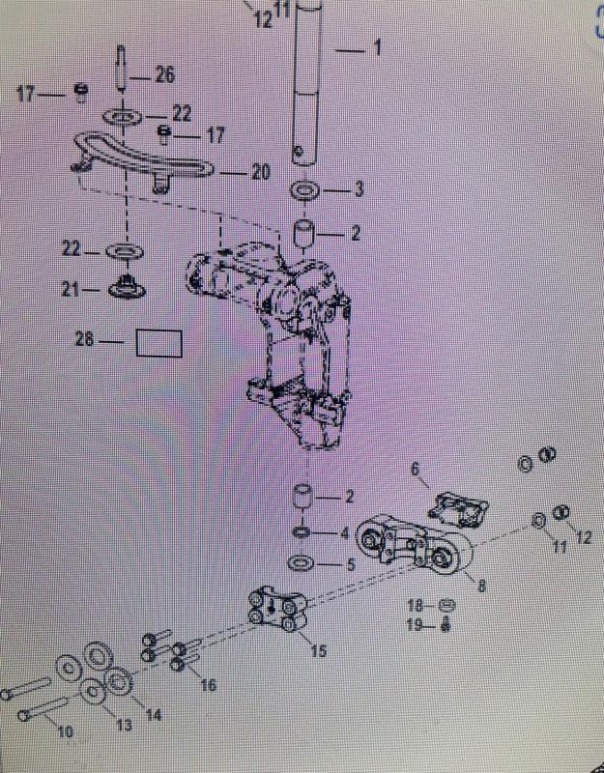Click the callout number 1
[377, 46]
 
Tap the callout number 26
[165, 74]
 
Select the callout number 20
[260, 172]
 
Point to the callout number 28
[86, 339]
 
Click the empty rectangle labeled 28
[158, 343]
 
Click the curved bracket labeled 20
[145, 160]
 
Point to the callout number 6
[417, 471]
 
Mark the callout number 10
[65, 731]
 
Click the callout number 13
[124, 725]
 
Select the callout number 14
[154, 715]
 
